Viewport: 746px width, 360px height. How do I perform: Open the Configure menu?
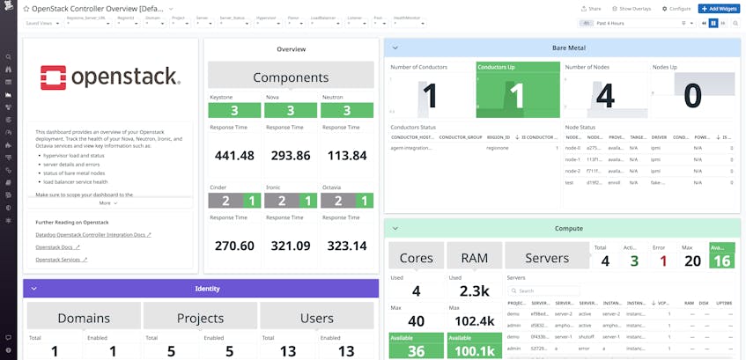point(676,8)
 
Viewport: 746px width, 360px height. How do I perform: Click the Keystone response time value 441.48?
point(233,156)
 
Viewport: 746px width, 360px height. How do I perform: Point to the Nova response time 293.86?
point(291,156)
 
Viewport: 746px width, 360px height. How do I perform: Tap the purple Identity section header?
point(207,288)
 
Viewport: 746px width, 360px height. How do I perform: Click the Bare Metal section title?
point(569,48)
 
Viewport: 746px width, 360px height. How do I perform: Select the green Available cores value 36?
point(416,349)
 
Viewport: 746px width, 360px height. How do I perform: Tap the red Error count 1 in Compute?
point(662,260)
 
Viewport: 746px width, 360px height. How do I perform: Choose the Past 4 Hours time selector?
point(656,23)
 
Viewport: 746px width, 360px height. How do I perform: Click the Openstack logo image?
point(110,77)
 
